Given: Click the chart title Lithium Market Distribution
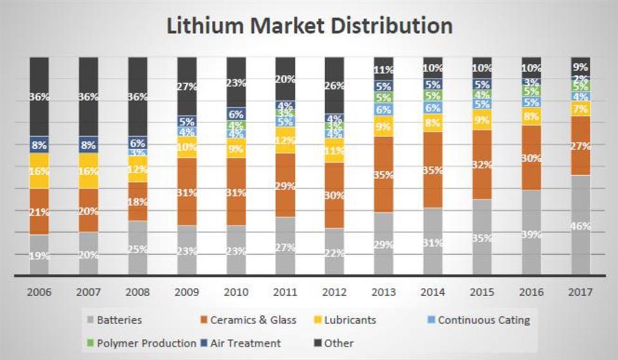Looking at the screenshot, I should click(x=309, y=26).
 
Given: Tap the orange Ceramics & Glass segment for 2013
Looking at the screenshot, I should click(x=383, y=175).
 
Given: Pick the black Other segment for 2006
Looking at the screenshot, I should click(x=39, y=97).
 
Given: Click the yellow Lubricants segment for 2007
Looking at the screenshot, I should click(x=88, y=171).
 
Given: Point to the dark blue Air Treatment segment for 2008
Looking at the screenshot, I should click(x=138, y=144).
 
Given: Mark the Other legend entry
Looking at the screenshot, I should click(x=335, y=343).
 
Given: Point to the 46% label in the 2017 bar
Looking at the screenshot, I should click(x=581, y=226).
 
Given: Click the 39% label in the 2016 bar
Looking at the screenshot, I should click(x=532, y=234).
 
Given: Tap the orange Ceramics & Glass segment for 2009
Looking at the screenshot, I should click(x=187, y=192).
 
